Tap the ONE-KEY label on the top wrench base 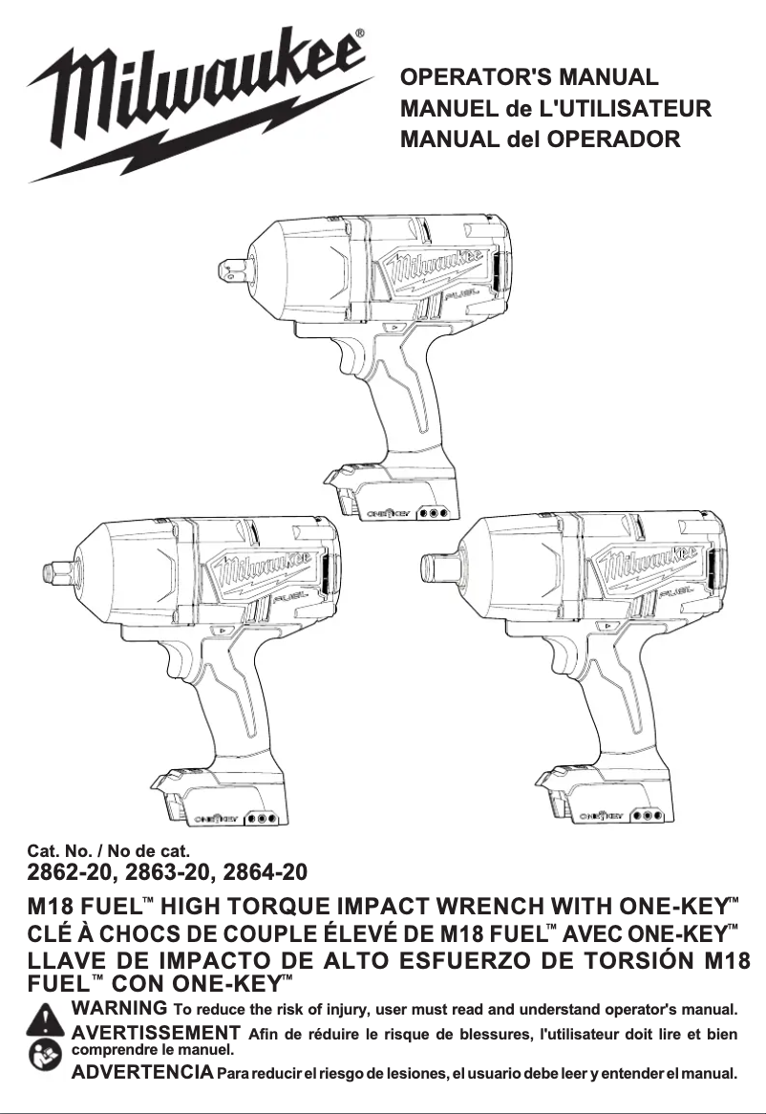[390, 513]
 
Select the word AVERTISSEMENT [155, 1033]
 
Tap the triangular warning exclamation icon [46, 1020]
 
